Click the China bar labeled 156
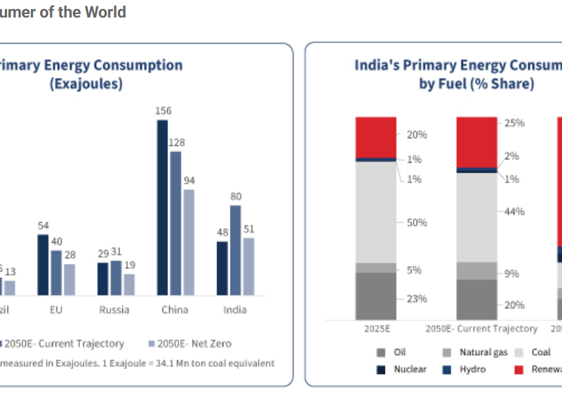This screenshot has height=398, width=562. (x=162, y=208)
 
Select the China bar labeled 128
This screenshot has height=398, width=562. (x=176, y=223)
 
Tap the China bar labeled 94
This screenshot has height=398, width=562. (x=189, y=242)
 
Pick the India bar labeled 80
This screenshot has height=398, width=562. (x=235, y=250)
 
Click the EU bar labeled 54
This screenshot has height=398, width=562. (x=43, y=265)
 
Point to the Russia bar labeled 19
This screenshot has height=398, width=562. (x=129, y=284)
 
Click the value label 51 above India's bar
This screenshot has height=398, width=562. (x=249, y=229)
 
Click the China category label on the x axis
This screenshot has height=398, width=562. (x=175, y=310)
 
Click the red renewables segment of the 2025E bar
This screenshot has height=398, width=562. (x=376, y=137)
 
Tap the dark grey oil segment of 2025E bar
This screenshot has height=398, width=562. (x=376, y=296)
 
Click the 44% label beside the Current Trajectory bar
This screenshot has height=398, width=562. (x=514, y=211)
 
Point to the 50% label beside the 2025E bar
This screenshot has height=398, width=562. (x=417, y=223)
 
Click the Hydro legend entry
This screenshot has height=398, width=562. (x=471, y=369)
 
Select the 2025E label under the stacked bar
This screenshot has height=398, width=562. (x=376, y=329)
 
